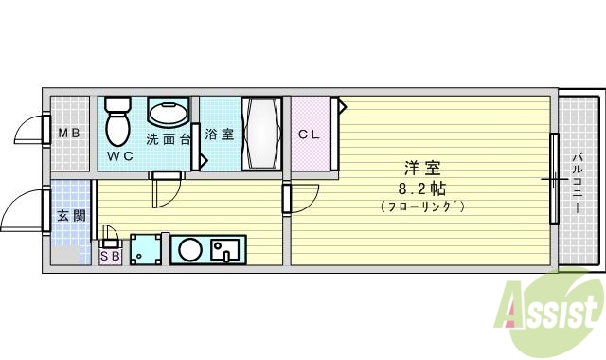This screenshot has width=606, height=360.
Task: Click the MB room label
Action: [68, 134]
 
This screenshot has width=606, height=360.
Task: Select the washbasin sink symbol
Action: [168, 114]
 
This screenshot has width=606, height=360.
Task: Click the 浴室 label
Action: [220, 135]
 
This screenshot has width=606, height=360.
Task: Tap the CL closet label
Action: [310, 134]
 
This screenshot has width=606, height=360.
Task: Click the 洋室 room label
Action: [422, 169]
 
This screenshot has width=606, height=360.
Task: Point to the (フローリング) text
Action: [422, 206]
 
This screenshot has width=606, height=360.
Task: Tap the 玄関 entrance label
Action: [68, 215]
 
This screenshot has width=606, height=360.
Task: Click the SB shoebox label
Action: [110, 255]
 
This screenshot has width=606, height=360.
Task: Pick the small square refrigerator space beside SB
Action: [146, 250]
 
